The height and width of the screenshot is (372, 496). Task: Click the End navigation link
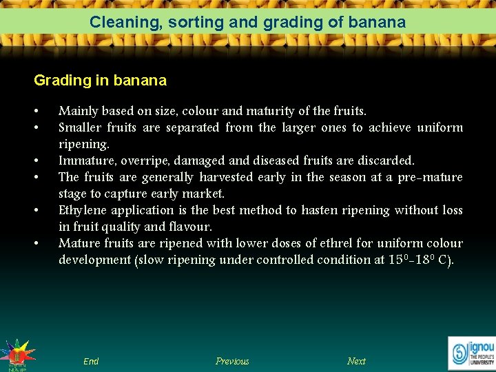91,361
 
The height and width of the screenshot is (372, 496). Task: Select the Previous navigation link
232,361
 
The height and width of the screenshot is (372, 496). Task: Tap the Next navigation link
356,361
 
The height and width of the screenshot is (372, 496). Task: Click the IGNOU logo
471,352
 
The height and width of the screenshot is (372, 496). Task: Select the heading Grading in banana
100,81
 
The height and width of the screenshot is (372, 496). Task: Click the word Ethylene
82,210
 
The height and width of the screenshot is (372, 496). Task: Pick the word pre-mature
430,177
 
